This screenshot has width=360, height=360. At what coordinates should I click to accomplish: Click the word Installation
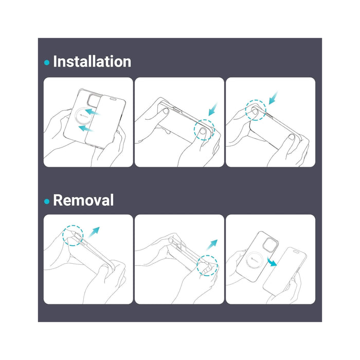[x=92, y=62]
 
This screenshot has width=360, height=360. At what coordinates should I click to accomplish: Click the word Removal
[x=83, y=200]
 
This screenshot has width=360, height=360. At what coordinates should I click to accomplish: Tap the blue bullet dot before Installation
[x=47, y=62]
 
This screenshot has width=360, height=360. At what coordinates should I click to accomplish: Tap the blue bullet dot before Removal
[x=47, y=202]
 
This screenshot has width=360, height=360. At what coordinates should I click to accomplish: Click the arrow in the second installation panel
[x=212, y=110]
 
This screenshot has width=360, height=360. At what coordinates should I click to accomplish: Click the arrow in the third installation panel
[x=273, y=98]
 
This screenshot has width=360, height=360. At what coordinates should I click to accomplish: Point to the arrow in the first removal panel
[x=94, y=232]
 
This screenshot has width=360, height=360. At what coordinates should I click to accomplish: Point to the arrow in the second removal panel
[x=212, y=245]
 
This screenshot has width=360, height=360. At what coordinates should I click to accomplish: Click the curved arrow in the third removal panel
[x=273, y=262]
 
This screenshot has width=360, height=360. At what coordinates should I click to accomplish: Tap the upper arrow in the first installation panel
[x=92, y=112]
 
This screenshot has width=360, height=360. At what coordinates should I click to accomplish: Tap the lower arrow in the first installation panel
[x=86, y=129]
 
